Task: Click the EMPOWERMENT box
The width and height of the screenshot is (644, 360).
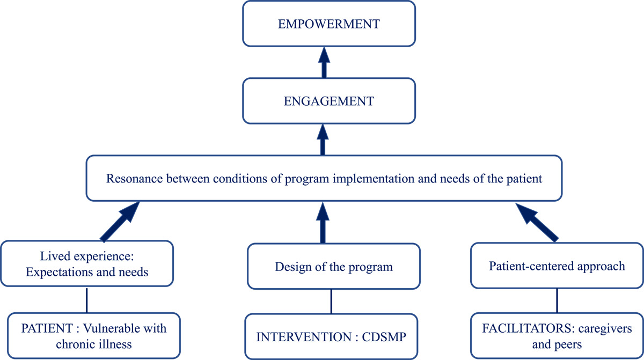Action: click(x=329, y=24)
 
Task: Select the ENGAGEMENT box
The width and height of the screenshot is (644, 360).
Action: click(x=329, y=101)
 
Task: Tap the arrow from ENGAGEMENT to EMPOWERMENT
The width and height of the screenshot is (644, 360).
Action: click(x=324, y=62)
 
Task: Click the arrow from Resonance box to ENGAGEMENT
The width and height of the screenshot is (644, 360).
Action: click(x=323, y=140)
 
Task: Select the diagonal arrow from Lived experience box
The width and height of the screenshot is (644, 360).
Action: click(x=120, y=222)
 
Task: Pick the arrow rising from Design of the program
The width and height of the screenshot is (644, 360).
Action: click(x=323, y=223)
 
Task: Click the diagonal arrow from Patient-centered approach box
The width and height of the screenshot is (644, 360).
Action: click(x=537, y=222)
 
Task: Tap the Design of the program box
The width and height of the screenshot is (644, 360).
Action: click(x=334, y=266)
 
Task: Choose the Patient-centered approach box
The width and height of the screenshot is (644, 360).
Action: click(x=557, y=266)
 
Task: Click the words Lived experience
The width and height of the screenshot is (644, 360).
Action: click(x=87, y=256)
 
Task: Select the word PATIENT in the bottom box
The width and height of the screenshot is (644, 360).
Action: click(x=47, y=328)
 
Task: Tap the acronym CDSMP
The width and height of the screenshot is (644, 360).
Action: click(x=384, y=337)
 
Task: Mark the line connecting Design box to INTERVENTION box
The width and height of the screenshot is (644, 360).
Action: click(x=331, y=302)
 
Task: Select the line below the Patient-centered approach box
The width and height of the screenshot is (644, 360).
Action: click(x=557, y=301)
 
